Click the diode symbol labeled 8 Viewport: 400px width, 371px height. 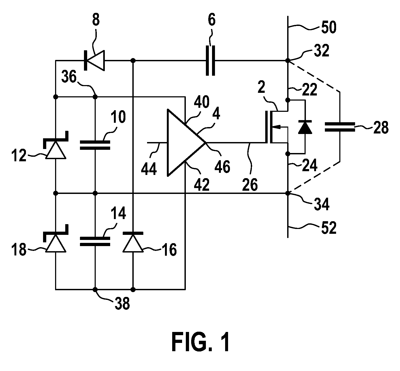coord(94,60)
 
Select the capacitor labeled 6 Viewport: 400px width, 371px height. coord(210,60)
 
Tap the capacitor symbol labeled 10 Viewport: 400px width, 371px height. coord(95,145)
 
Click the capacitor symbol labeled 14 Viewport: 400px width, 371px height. coord(95,241)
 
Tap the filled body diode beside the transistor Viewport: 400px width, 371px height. coord(305,127)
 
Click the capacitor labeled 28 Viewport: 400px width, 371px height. coord(340,127)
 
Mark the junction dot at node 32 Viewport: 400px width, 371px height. coord(288,60)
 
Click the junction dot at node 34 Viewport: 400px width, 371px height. coord(288,193)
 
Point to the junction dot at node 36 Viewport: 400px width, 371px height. coord(95,97)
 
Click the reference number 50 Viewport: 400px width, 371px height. coord(329,27)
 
